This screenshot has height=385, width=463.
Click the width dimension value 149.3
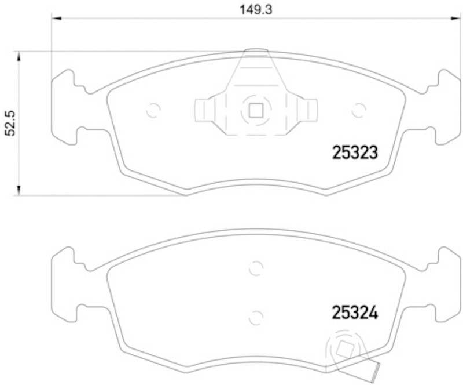tap(255, 10)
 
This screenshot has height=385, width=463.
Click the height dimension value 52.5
tap(10, 124)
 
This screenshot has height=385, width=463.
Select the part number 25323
tap(355, 152)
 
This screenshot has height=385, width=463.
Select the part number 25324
tap(355, 313)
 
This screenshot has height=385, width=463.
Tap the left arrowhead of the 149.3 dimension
tap(56, 19)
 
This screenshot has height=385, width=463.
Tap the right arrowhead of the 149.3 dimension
tap(455, 19)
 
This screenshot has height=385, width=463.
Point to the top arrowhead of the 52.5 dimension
tap(19, 56)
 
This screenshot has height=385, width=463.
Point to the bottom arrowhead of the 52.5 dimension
tap(19, 191)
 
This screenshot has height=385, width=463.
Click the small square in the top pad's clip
tap(256, 110)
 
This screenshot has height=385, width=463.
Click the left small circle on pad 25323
tap(153, 110)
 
